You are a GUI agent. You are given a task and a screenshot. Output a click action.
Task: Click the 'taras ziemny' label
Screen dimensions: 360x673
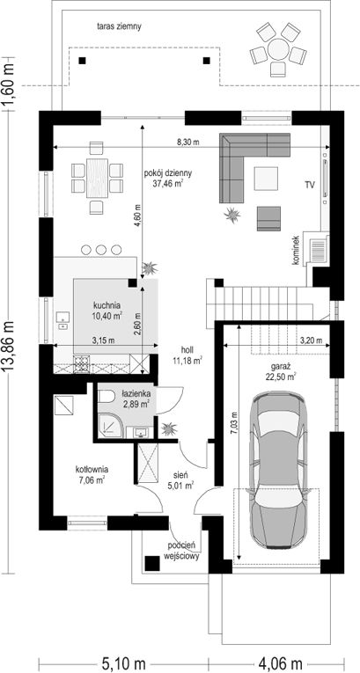[119, 26]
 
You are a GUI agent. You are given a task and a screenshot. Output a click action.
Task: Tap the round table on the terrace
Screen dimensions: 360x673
[278, 50]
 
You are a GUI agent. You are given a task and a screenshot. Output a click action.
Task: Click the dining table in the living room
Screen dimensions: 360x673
[97, 178]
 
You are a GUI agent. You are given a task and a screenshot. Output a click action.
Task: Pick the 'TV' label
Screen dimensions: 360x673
[310, 186]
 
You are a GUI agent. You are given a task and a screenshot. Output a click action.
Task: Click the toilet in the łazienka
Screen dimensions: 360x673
[106, 396]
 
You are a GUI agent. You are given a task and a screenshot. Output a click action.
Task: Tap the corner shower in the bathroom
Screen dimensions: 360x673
[109, 426]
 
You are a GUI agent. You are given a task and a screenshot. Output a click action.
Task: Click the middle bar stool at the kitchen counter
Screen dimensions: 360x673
[101, 249]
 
